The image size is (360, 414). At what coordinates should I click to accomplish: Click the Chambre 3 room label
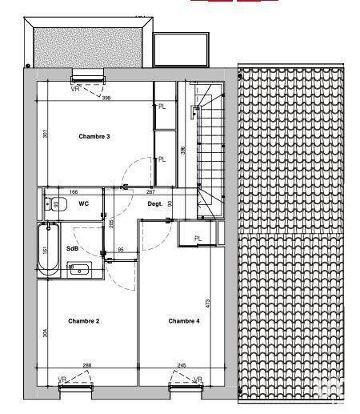coord(94,137)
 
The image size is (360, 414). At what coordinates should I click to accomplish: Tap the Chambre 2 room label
coord(83,321)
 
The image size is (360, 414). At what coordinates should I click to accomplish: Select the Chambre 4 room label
coord(184,321)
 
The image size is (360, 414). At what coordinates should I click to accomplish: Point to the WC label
coord(83,203)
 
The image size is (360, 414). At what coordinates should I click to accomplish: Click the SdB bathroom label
coord(82,248)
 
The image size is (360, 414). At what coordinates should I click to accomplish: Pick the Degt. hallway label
coord(155,203)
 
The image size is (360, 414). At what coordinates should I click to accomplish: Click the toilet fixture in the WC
coord(50,203)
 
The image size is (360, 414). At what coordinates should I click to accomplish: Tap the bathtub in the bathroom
coord(49,251)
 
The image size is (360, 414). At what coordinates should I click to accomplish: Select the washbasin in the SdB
coord(78,269)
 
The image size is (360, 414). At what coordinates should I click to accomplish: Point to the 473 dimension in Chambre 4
coord(208,303)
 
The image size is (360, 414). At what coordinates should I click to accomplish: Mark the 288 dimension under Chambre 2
coord(86,366)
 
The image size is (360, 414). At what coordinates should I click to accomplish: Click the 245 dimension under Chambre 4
coord(182,366)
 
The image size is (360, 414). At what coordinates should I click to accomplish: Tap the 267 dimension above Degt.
coord(150,192)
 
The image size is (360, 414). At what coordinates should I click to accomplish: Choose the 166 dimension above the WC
coord(73,192)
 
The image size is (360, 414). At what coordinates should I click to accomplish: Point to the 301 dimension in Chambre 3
coord(46,135)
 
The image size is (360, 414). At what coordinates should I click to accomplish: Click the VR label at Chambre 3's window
coord(75,89)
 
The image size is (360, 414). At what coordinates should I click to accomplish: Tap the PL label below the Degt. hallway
coord(198,237)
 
